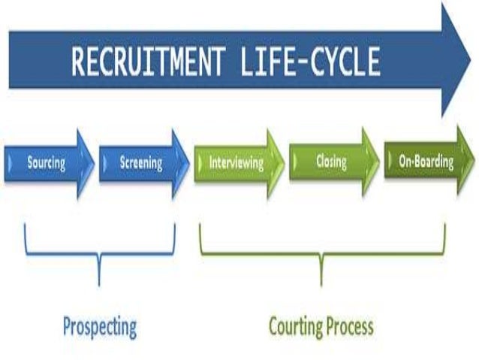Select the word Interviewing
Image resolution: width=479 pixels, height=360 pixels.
pos(236,162)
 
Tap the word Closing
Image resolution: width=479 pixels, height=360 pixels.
pos(330,160)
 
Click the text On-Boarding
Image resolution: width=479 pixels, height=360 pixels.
pos(426,160)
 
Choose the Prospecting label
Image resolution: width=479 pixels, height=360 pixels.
pos(99,327)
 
